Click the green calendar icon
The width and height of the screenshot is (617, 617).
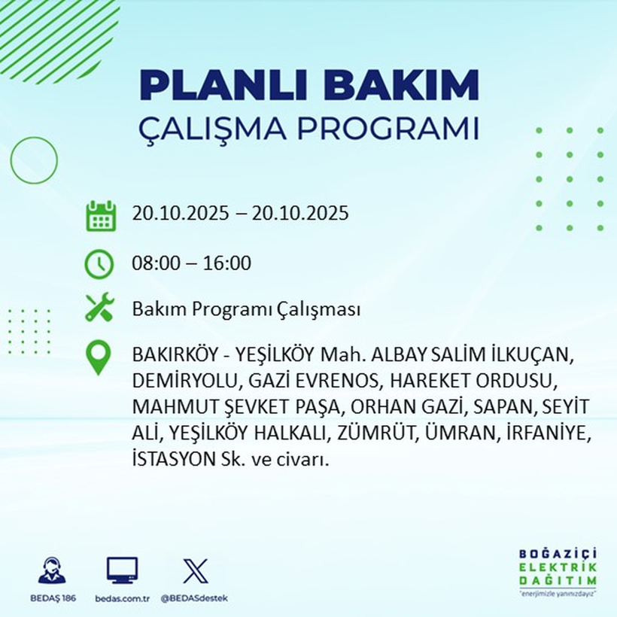(100, 215)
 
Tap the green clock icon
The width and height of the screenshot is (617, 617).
(99, 264)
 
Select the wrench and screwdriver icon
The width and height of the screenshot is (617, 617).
(99, 308)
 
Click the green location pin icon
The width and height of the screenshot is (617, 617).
(99, 358)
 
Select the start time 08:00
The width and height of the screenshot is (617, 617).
(154, 263)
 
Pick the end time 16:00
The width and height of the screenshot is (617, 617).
(228, 263)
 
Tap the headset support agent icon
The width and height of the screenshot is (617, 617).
(52, 570)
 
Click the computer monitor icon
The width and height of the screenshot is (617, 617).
(122, 570)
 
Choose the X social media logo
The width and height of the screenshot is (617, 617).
(195, 570)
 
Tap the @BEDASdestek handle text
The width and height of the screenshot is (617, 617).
(194, 598)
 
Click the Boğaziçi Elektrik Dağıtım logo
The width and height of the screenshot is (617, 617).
(558, 573)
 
